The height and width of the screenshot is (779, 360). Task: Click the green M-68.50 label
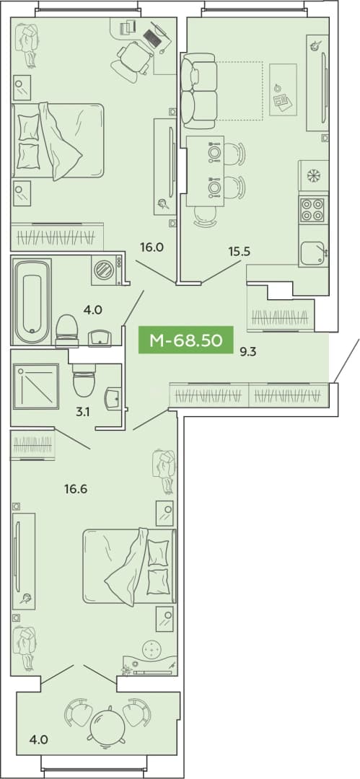tap(185, 340)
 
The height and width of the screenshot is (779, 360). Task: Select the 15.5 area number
tap(239, 252)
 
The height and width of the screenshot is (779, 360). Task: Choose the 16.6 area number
tap(76, 489)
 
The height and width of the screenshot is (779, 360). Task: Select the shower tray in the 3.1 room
tap(36, 387)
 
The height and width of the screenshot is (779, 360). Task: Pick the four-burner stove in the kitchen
tap(313, 210)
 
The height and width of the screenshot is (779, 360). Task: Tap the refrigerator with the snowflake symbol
tap(313, 177)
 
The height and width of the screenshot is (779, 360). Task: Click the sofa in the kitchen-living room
tap(198, 89)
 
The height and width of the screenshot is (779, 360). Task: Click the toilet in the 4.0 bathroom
tap(68, 330)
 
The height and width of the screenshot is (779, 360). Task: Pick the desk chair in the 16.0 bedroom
tap(131, 61)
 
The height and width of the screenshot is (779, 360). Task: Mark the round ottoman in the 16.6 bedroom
tap(152, 649)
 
